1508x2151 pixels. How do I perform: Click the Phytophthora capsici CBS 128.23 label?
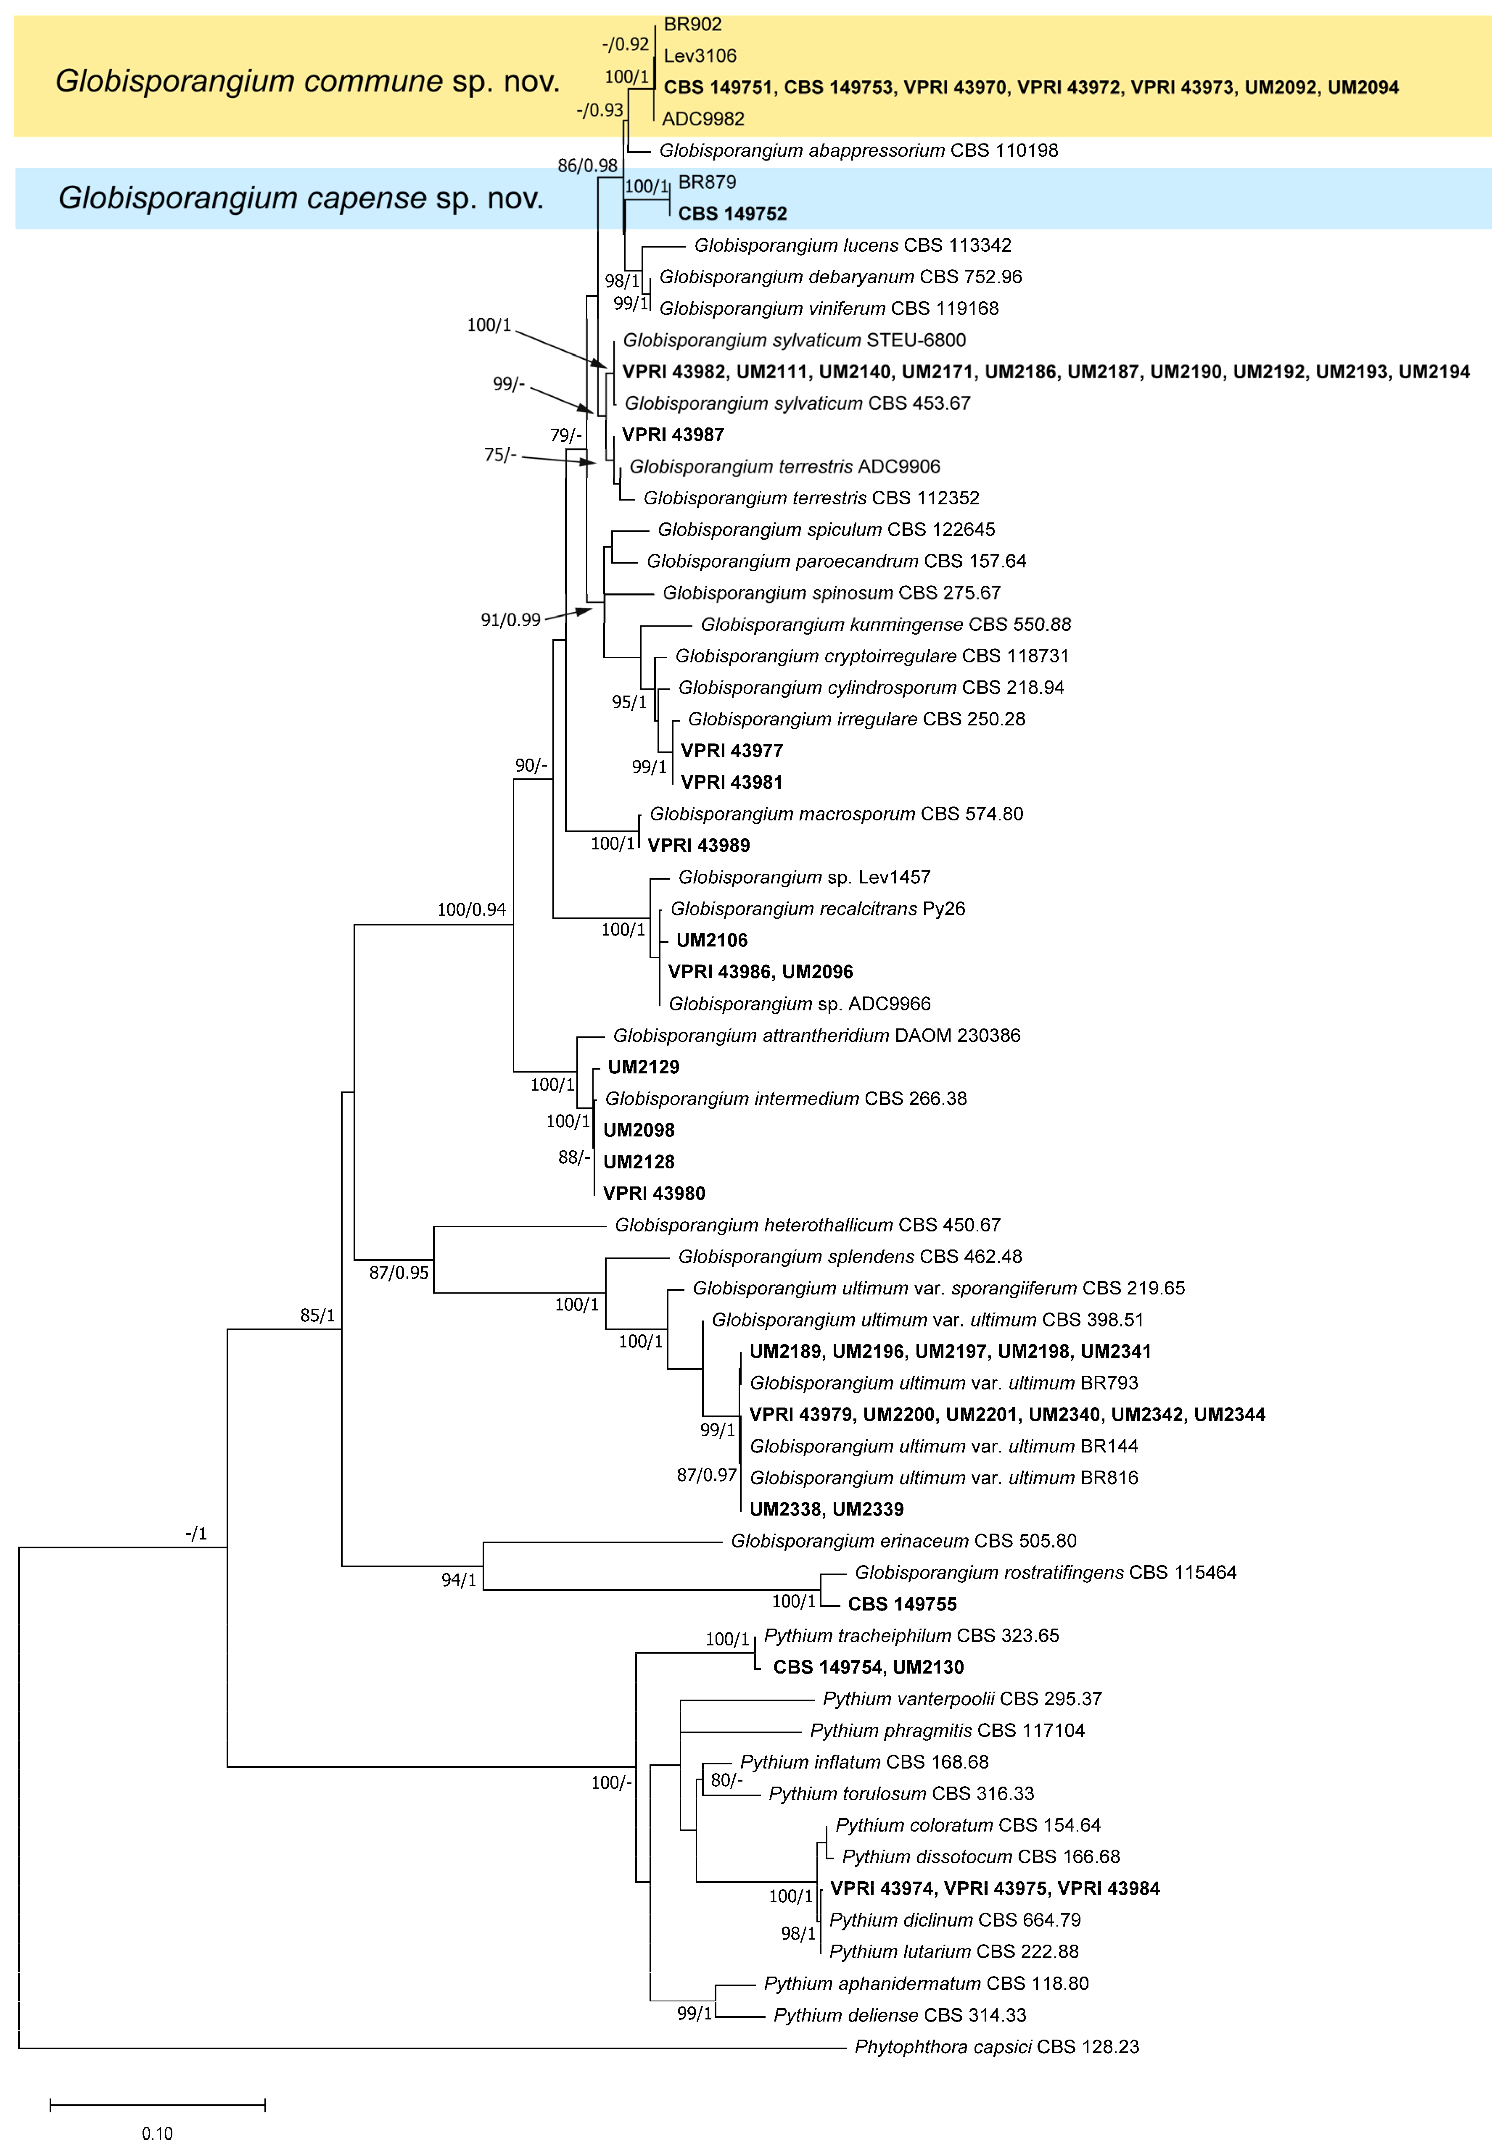(996, 2047)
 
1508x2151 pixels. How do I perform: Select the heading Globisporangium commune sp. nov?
(307, 82)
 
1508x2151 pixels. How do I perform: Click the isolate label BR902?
(692, 24)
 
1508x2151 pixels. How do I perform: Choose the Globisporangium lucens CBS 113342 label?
(852, 245)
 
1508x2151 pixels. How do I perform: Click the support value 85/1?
(318, 1315)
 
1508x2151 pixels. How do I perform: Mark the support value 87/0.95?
(398, 1272)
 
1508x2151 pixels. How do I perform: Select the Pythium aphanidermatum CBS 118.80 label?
(926, 1983)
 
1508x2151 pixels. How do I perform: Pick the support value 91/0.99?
(511, 619)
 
